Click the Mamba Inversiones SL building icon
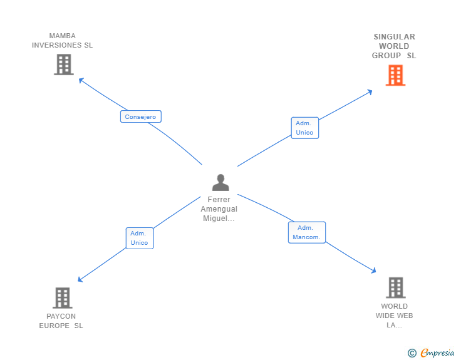pyautogui.click(x=63, y=64)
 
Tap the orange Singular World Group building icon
pyautogui.click(x=395, y=75)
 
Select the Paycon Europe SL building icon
pyautogui.click(x=62, y=298)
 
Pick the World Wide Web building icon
pyautogui.click(x=395, y=288)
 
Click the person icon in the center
pyautogui.click(x=220, y=183)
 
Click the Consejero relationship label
pyautogui.click(x=141, y=116)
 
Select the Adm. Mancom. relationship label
pyautogui.click(x=306, y=232)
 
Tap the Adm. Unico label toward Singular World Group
pyautogui.click(x=304, y=128)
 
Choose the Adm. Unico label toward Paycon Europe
pyautogui.click(x=139, y=238)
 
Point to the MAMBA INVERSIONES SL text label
pyautogui.click(x=62, y=41)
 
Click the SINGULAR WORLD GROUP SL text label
pyautogui.click(x=394, y=46)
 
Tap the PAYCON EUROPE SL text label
pyautogui.click(x=61, y=321)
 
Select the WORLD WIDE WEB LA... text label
pyautogui.click(x=395, y=316)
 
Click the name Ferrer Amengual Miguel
pyautogui.click(x=219, y=209)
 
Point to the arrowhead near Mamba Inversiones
pyautogui.click(x=81, y=80)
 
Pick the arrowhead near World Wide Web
pyautogui.click(x=373, y=270)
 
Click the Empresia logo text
pyautogui.click(x=438, y=353)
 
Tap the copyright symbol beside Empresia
pyautogui.click(x=412, y=354)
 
